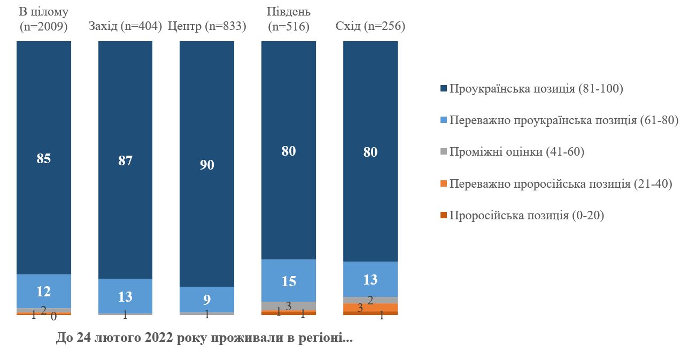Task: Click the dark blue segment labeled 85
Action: tap(44, 158)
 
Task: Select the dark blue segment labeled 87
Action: tap(126, 160)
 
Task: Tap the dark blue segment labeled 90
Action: tap(207, 164)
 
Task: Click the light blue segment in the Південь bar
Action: tap(289, 280)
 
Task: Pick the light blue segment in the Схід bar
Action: tap(370, 279)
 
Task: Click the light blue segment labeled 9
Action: tap(207, 300)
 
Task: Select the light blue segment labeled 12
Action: tap(44, 292)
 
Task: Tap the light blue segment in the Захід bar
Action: tap(126, 296)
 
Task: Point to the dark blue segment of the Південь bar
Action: tap(289, 150)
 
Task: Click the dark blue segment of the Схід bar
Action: tap(370, 151)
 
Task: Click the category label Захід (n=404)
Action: tap(126, 26)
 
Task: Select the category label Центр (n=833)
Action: tap(207, 26)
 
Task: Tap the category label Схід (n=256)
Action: tap(370, 26)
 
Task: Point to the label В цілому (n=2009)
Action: tap(44, 19)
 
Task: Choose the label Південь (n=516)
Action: tap(289, 19)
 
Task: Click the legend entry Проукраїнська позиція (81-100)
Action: tap(536, 89)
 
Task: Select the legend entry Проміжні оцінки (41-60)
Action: tap(516, 152)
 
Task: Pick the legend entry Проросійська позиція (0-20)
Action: tap(527, 216)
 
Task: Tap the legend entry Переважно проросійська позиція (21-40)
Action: tap(560, 184)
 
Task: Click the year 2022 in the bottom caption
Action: tap(152, 339)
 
